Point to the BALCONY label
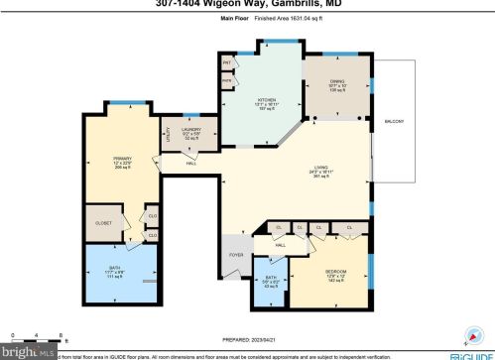click(x=394, y=121)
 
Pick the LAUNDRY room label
click(x=192, y=129)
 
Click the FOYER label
click(x=236, y=255)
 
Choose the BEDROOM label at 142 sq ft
click(x=335, y=271)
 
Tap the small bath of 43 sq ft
click(x=272, y=279)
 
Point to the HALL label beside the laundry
click(x=190, y=164)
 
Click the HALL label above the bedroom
click(x=281, y=244)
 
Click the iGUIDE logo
click(x=470, y=353)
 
